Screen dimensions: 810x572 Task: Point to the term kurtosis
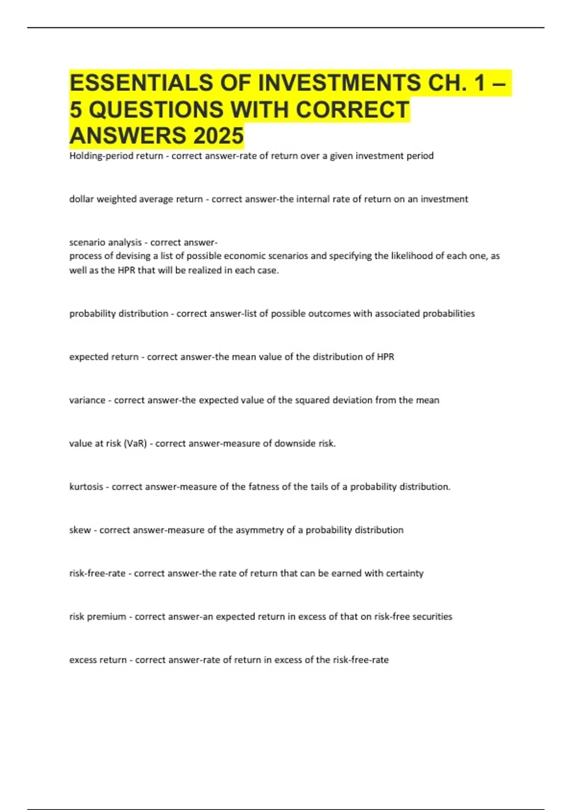coord(86,486)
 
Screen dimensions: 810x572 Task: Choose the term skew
coord(80,530)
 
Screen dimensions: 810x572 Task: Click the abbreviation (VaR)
coord(135,443)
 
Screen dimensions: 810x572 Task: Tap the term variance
coord(87,400)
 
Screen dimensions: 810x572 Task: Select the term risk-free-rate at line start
coord(97,573)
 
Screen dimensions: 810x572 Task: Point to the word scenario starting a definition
coord(87,243)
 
